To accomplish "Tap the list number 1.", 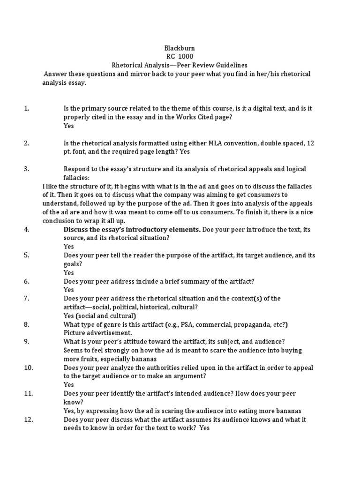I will click(x=26, y=108).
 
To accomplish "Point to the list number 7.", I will click(x=26, y=298).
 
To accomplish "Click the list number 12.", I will click(x=28, y=420).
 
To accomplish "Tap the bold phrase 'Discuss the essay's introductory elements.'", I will click(x=132, y=229).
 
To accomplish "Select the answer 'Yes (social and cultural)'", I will click(x=100, y=315).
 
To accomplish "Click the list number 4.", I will click(x=26, y=229).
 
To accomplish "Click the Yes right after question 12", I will click(x=204, y=428).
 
